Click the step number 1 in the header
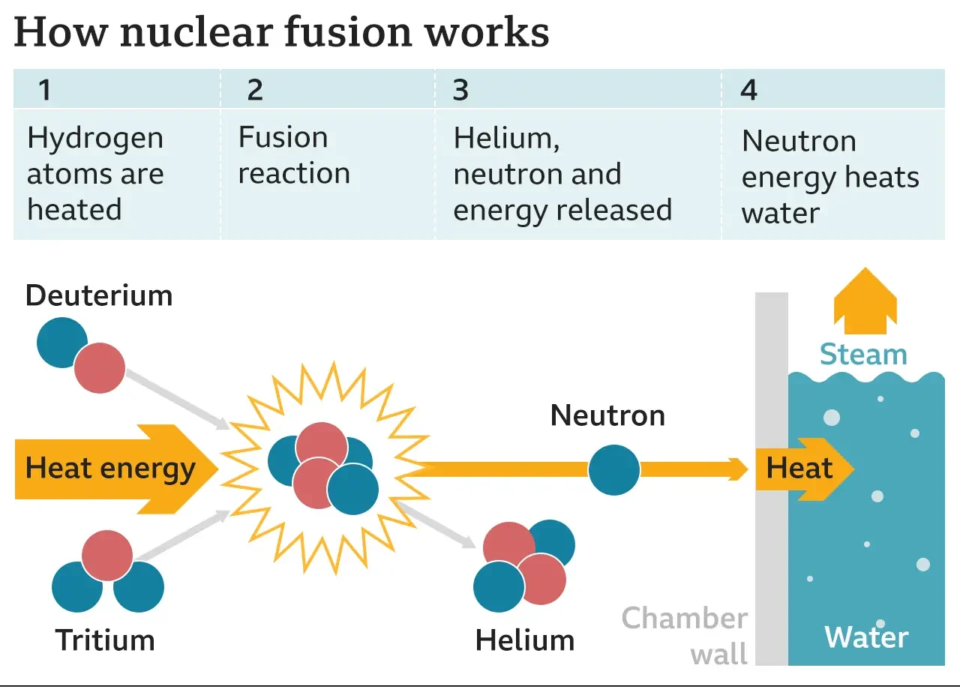click(x=45, y=90)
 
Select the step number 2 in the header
click(x=255, y=90)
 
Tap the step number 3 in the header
click(x=460, y=90)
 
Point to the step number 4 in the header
click(x=748, y=90)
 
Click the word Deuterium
click(x=99, y=295)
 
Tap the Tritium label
click(x=105, y=640)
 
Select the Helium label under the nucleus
click(x=525, y=640)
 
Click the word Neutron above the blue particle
click(x=607, y=415)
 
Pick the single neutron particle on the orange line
click(x=613, y=470)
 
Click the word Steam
click(x=863, y=354)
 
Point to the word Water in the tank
click(x=866, y=637)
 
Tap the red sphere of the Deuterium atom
click(x=100, y=368)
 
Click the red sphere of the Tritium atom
click(x=107, y=555)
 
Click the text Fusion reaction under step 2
click(x=293, y=155)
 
